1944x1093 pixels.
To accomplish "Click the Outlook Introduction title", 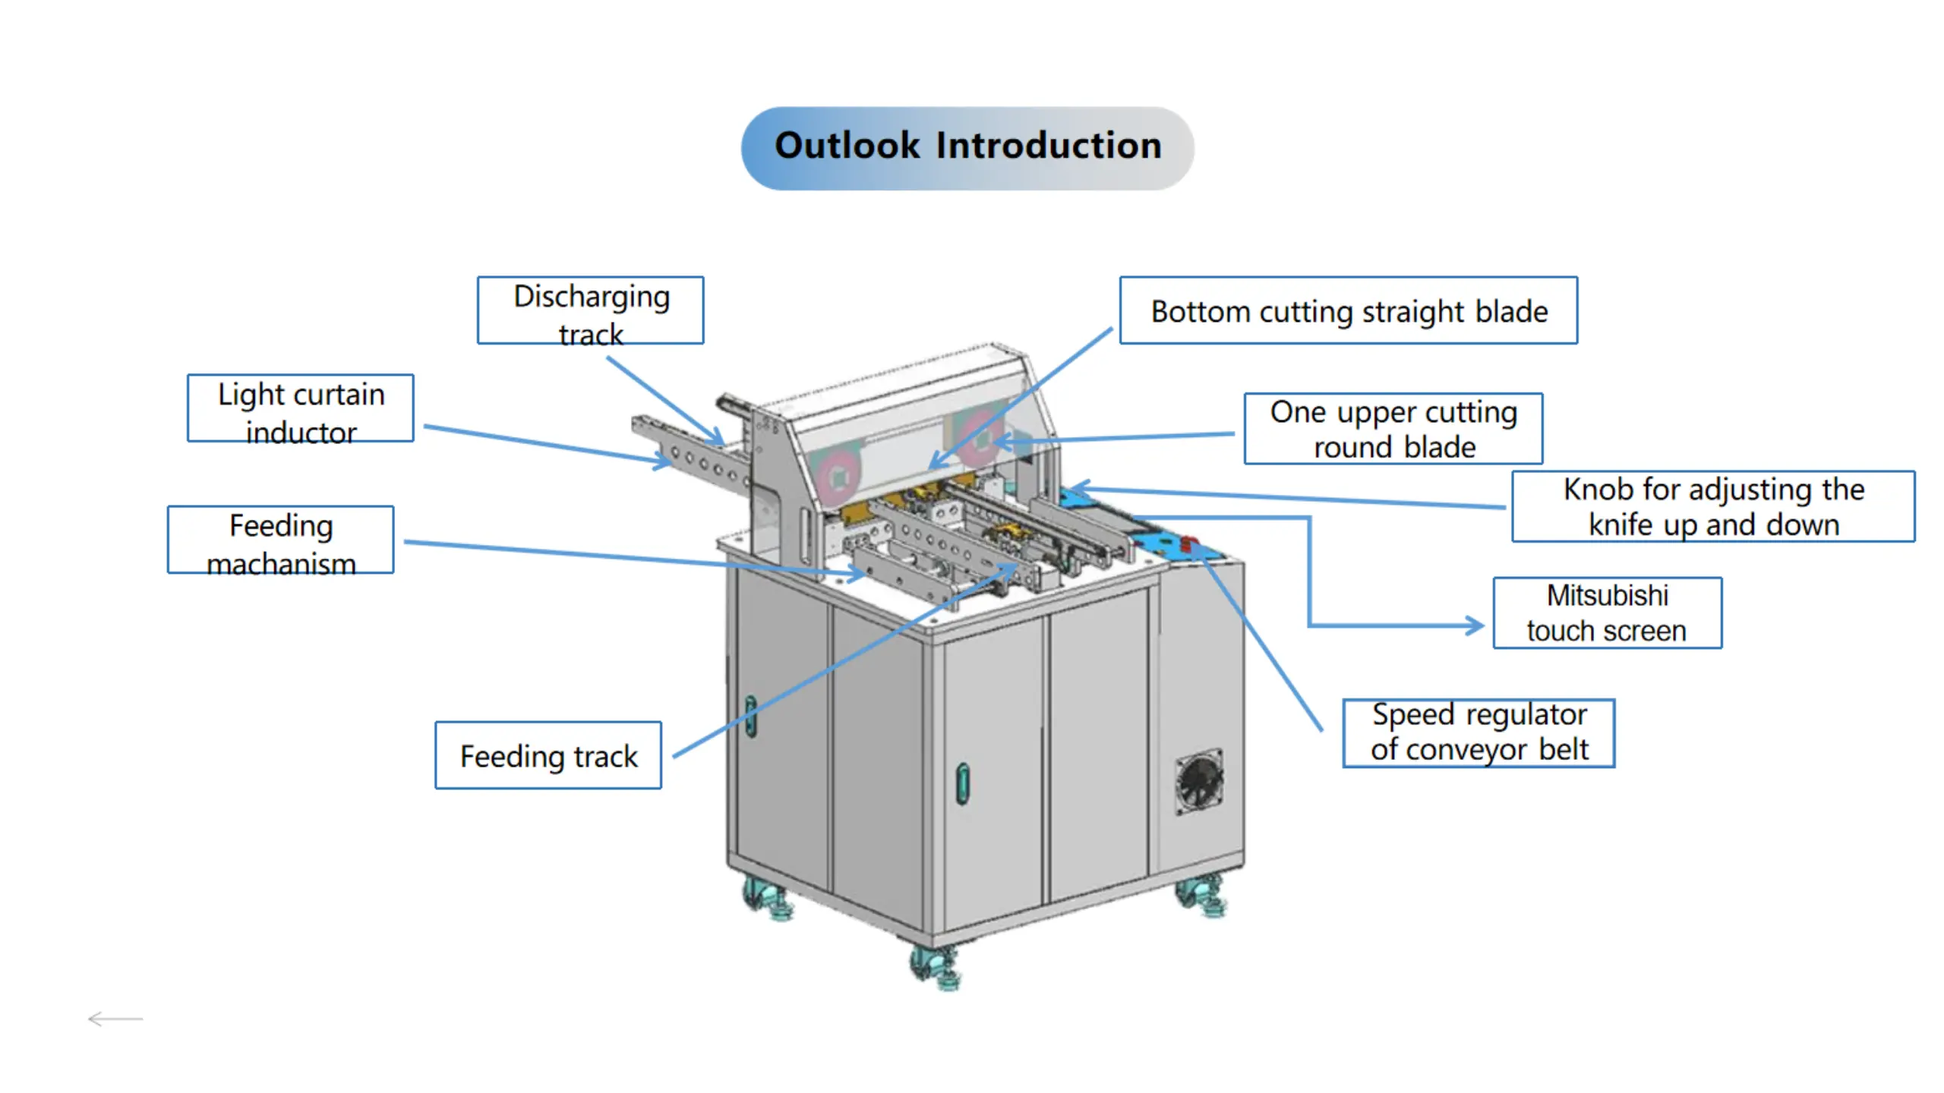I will pyautogui.click(x=967, y=146).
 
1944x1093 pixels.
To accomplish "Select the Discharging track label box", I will pyautogui.click(x=590, y=310).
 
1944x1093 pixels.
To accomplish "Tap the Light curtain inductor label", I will pyautogui.click(x=301, y=408).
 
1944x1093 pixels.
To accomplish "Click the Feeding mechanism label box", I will pyautogui.click(x=280, y=540).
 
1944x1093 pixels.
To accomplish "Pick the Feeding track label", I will pyautogui.click(x=548, y=756).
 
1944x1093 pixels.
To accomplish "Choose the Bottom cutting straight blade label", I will pyautogui.click(x=1349, y=311).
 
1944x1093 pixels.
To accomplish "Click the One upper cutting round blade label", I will pyautogui.click(x=1393, y=429).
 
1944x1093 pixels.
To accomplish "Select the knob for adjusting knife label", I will pyautogui.click(x=1713, y=506).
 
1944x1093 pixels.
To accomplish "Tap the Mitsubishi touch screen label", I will pyautogui.click(x=1607, y=613).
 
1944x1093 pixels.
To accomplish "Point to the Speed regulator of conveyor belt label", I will pyautogui.click(x=1479, y=733).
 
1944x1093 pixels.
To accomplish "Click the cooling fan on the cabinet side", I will pyautogui.click(x=1199, y=781).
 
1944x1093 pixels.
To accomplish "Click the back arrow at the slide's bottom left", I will pyautogui.click(x=115, y=1019).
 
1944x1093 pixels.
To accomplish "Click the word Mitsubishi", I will pyautogui.click(x=1607, y=596).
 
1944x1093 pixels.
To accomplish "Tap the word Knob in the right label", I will pyautogui.click(x=1589, y=490).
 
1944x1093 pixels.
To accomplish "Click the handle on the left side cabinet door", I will pyautogui.click(x=750, y=716).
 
